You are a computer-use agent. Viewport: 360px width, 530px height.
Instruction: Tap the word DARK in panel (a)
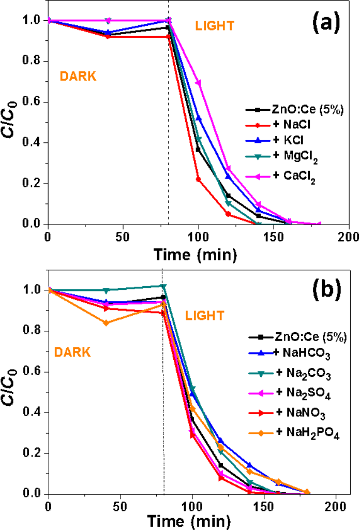(x=78, y=76)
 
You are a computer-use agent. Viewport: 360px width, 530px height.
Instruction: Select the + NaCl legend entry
(x=287, y=125)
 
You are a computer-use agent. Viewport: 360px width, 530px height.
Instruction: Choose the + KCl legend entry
(x=285, y=140)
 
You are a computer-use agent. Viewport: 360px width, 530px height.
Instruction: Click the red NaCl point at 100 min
(x=198, y=179)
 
